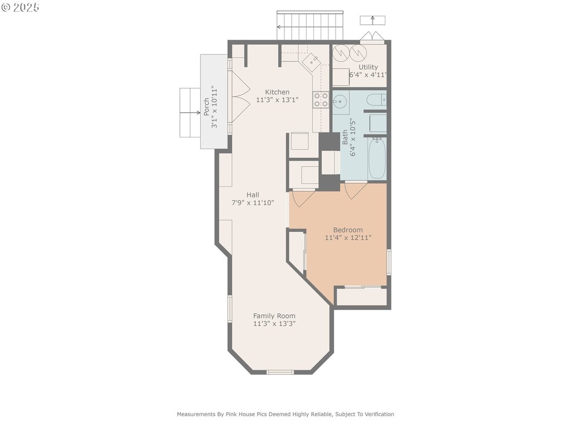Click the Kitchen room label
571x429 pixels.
[x=277, y=92]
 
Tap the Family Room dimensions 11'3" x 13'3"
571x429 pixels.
[x=274, y=323]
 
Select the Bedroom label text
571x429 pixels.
[x=348, y=230]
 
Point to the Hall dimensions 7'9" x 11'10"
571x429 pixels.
[x=253, y=202]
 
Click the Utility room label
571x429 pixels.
[x=368, y=67]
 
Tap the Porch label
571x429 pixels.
[x=206, y=107]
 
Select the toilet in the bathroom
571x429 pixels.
[x=376, y=99]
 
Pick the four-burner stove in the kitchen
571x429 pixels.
[x=321, y=100]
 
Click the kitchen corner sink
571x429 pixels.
[x=312, y=61]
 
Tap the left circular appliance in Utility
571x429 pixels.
[x=341, y=53]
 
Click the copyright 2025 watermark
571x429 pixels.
[x=21, y=7]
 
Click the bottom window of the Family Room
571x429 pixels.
[x=280, y=372]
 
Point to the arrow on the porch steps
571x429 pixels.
[x=190, y=113]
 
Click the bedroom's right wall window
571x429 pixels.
[x=389, y=261]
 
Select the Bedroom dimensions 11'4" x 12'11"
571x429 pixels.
[x=348, y=238]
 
